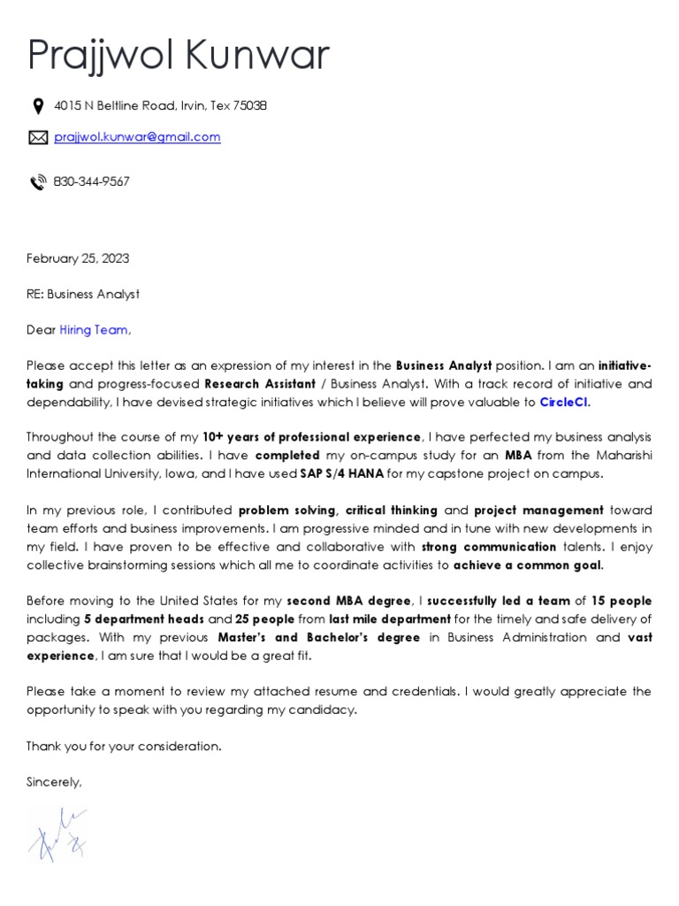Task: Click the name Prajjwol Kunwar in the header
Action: (x=179, y=55)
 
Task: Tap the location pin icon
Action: (x=38, y=106)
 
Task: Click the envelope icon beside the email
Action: (x=38, y=137)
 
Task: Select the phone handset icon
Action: (x=38, y=182)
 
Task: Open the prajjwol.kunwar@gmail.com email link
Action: (x=137, y=137)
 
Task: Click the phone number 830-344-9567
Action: (x=91, y=181)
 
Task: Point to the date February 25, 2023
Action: (x=78, y=258)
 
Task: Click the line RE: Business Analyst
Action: (x=83, y=294)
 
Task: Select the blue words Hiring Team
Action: (x=94, y=330)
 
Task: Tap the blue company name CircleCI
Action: (x=563, y=402)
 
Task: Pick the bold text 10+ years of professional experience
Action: (x=311, y=437)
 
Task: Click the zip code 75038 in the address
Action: (x=250, y=106)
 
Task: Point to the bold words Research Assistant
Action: (x=260, y=384)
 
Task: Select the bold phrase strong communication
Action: (x=489, y=546)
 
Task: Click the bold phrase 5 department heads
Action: (x=145, y=618)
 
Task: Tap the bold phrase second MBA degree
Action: (x=349, y=601)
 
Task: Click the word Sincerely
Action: (x=54, y=782)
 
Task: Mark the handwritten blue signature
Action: (x=58, y=833)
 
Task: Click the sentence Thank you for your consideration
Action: (x=124, y=746)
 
